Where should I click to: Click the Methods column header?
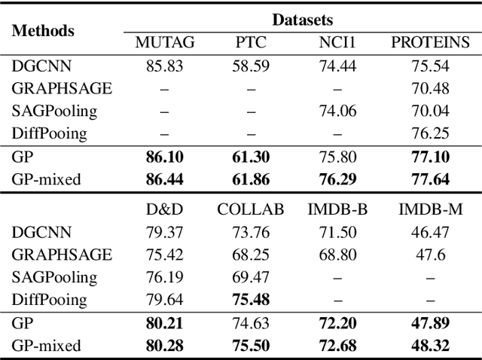[43, 31]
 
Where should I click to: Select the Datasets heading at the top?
[302, 19]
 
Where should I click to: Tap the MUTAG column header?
[164, 42]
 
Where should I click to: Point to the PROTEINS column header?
[430, 42]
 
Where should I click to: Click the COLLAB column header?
[251, 209]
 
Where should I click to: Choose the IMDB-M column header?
[430, 209]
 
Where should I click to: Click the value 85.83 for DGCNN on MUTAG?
[164, 66]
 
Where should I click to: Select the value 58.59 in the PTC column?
[251, 66]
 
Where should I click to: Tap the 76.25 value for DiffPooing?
[430, 133]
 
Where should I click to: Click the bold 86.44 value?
[164, 180]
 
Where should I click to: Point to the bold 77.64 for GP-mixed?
[430, 180]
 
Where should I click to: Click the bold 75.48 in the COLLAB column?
[251, 300]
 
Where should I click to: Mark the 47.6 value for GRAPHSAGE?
[430, 255]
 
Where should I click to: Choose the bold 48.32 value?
[430, 346]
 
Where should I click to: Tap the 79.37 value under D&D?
[164, 232]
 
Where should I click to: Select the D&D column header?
[164, 209]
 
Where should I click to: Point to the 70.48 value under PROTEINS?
[430, 88]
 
